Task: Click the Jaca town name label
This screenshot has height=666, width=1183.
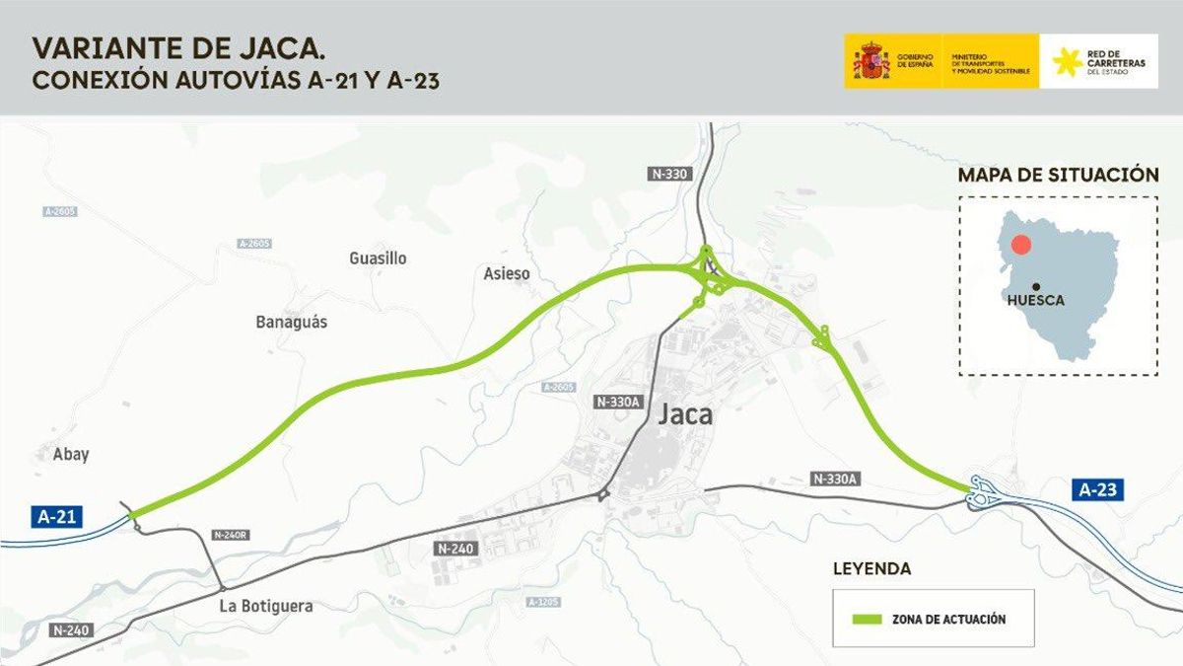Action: (x=684, y=415)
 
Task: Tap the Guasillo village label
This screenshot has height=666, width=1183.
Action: (x=378, y=259)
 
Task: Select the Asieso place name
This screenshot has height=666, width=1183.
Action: (x=507, y=273)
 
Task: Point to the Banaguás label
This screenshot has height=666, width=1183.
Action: (x=291, y=322)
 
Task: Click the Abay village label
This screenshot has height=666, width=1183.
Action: (x=71, y=454)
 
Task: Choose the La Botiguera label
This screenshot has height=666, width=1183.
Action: (x=265, y=606)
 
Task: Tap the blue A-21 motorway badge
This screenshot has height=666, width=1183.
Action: (x=56, y=515)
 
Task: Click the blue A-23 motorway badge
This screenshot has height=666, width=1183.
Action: (x=1098, y=489)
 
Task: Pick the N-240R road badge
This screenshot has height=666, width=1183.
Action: (x=233, y=534)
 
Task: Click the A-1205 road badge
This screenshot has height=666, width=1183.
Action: (x=543, y=602)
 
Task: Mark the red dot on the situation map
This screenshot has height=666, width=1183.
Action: (x=1022, y=246)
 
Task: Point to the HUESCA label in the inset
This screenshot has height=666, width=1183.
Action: (x=1036, y=300)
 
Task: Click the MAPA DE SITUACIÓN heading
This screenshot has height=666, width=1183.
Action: (x=1058, y=175)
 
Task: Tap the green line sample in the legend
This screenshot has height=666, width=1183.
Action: (x=863, y=619)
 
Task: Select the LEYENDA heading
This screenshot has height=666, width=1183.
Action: (x=871, y=569)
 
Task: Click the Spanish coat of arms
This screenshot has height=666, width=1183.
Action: (x=870, y=61)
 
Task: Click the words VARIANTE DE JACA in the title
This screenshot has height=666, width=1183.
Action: (x=178, y=47)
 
